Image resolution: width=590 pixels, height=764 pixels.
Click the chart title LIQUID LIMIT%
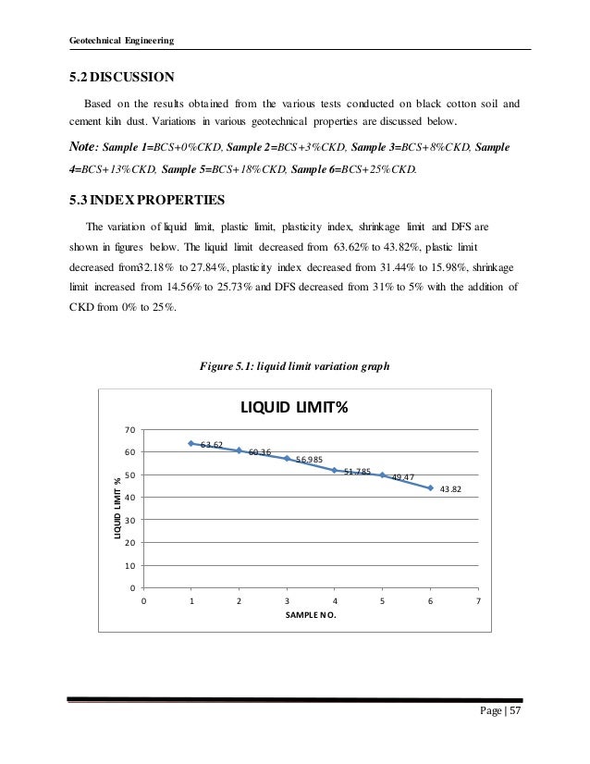click(x=294, y=408)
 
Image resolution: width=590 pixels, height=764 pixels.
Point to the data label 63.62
click(x=213, y=445)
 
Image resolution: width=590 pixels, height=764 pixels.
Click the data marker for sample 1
click(x=191, y=444)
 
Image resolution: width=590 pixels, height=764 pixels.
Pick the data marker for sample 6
click(x=430, y=487)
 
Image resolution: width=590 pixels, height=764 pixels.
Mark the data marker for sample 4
click(x=335, y=470)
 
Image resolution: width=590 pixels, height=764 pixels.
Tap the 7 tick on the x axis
click(x=478, y=600)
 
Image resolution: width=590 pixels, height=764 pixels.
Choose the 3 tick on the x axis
click(x=287, y=600)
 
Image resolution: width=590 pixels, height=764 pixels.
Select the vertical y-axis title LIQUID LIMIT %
click(x=117, y=509)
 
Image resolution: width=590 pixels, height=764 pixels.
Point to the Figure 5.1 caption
click(x=294, y=365)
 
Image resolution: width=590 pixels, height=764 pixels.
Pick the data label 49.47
click(x=402, y=476)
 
